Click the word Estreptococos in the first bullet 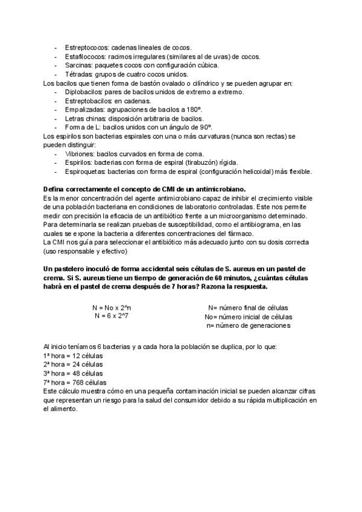(85, 47)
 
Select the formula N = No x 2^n (112, 307)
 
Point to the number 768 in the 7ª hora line (76, 383)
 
